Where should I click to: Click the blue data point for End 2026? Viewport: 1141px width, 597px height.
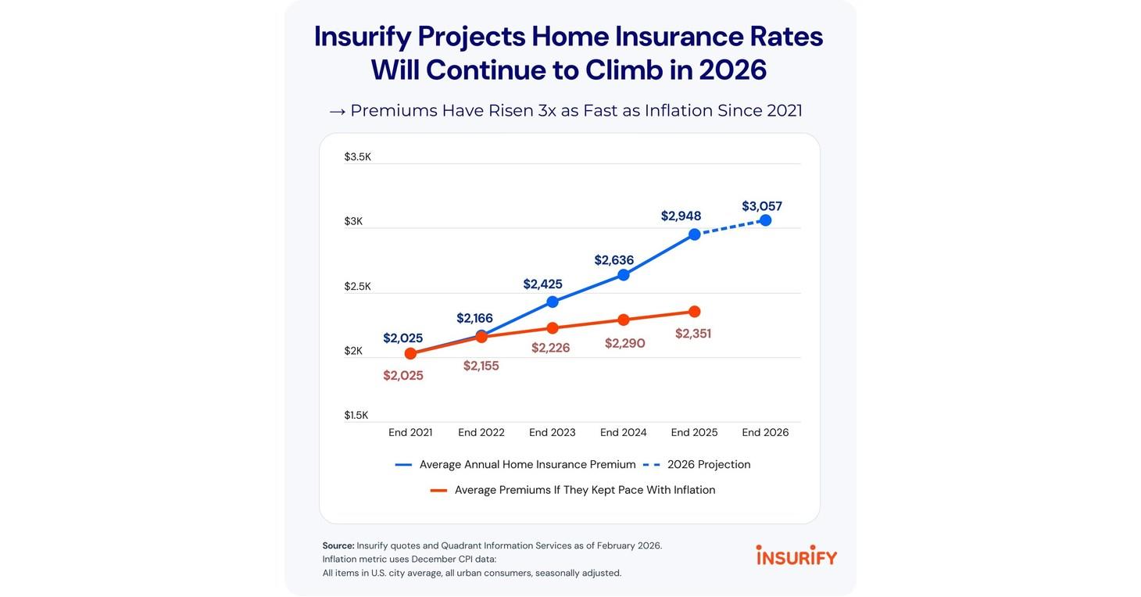[765, 220]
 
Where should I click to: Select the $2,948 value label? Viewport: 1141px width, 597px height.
[681, 216]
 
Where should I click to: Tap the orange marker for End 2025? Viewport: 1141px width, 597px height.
[694, 312]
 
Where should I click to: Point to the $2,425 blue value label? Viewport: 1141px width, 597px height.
[542, 284]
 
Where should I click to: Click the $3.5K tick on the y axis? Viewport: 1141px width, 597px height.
[357, 157]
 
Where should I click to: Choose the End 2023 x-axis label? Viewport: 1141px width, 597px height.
[552, 432]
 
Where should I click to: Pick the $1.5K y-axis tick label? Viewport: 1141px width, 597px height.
[357, 415]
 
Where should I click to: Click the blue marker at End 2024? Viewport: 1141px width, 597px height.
[623, 275]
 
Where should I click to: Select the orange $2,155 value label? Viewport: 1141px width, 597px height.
[481, 366]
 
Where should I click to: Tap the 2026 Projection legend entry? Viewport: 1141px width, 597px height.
[708, 464]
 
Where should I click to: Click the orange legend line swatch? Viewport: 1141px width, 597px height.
[438, 491]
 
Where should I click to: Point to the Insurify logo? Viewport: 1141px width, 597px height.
[796, 556]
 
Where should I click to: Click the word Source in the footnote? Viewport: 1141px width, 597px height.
[338, 545]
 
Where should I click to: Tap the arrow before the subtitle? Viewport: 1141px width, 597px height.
[337, 111]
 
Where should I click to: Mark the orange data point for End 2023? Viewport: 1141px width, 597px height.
[553, 328]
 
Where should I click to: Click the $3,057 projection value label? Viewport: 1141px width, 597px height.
[761, 206]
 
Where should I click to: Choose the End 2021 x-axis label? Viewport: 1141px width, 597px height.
[410, 432]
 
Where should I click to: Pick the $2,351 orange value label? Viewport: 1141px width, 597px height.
[692, 334]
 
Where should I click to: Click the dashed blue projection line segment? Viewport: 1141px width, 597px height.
[730, 227]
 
